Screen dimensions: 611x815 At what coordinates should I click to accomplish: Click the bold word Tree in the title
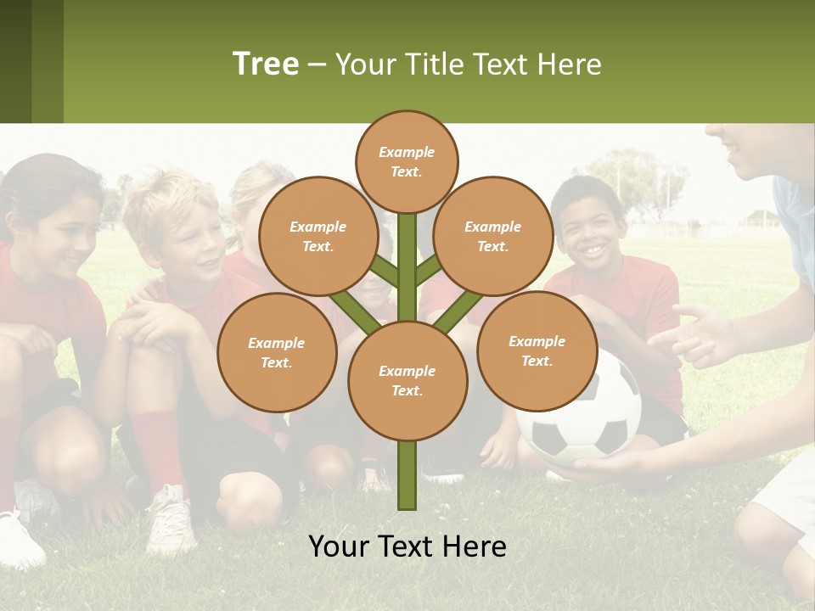point(266,64)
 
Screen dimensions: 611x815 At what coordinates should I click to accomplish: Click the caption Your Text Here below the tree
point(407,547)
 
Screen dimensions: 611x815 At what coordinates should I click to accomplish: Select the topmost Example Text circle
point(407,161)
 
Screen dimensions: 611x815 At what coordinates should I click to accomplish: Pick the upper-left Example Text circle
point(318,236)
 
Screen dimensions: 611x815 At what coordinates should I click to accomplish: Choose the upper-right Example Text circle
point(493,236)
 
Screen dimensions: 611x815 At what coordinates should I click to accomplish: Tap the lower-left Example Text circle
point(277,352)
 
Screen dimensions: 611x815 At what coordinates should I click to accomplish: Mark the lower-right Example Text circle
point(537,350)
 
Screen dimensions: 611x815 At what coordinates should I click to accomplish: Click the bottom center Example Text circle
point(407,381)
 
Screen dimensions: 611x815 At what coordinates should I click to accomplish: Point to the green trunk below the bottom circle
point(407,475)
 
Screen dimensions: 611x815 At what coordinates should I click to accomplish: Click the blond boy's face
point(187,238)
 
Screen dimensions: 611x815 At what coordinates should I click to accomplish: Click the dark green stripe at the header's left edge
point(15,61)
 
